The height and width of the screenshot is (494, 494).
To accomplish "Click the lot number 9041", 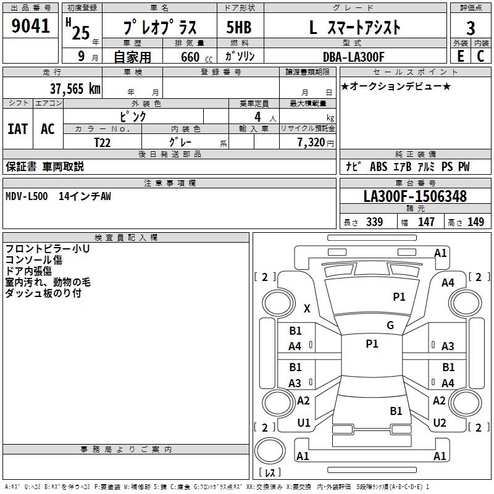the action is point(30,26).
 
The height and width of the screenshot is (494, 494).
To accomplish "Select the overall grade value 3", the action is point(471,28).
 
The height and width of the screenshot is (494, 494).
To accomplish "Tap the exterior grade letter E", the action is point(460,56).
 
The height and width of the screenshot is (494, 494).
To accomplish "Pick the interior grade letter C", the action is point(480,56).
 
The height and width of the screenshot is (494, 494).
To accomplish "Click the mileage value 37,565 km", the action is point(75,89).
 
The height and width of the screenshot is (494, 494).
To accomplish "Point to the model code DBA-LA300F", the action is point(354,57).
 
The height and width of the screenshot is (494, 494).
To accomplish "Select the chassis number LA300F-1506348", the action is point(415,196).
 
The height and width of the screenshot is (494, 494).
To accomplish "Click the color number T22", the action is point(103,143).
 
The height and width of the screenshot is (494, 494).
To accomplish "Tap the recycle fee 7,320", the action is point(311,143).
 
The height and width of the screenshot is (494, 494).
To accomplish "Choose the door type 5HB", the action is point(239,27).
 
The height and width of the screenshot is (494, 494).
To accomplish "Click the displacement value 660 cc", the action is point(196,57).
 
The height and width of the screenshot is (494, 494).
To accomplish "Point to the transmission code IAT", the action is point(18,129).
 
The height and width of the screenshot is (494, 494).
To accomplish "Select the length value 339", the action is point(374,222).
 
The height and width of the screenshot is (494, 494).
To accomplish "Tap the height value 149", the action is point(475,222).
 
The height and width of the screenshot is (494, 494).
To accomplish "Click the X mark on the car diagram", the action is point(307,308).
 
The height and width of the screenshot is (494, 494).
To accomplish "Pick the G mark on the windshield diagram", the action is point(390,325).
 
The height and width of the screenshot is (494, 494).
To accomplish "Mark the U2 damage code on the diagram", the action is point(440,422).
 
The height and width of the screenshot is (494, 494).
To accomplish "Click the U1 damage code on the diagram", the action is point(304,423).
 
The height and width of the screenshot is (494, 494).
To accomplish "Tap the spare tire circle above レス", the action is point(270,451).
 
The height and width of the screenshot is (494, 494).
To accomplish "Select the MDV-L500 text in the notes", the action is point(27,196).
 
